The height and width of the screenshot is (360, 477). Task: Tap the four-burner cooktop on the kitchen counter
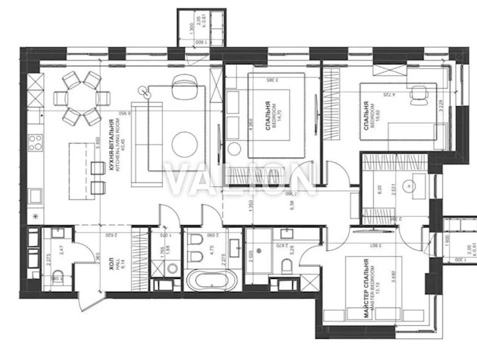point(33,141)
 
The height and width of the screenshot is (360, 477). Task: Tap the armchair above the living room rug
point(182,84)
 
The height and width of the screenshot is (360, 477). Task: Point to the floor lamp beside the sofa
point(144,91)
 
